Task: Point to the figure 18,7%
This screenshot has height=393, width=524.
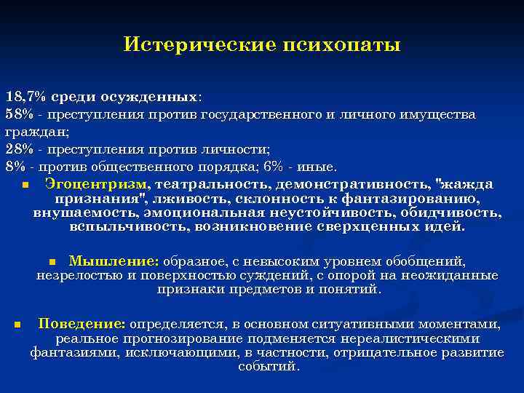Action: (25, 97)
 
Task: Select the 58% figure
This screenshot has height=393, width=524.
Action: (20, 115)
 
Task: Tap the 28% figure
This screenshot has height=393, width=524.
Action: (20, 149)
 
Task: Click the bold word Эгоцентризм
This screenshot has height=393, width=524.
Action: (95, 183)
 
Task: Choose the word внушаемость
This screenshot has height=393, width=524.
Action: (78, 213)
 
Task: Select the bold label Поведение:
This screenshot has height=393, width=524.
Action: (82, 324)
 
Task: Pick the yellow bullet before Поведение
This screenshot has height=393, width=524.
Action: (16, 325)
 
